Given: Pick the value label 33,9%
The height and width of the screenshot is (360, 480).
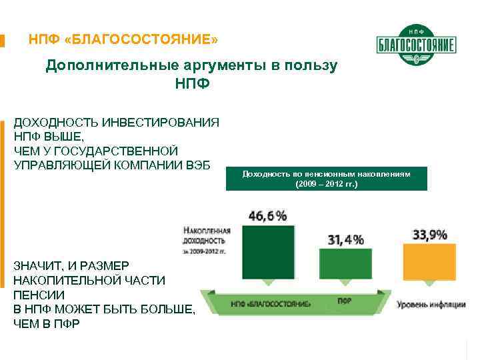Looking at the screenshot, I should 430,235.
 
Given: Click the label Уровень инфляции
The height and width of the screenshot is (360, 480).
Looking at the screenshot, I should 431,305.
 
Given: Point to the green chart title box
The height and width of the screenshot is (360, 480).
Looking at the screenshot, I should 326,178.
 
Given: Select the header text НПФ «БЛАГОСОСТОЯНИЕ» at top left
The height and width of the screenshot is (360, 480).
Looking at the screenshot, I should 123,41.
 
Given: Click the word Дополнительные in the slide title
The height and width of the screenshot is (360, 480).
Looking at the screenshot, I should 102,65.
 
